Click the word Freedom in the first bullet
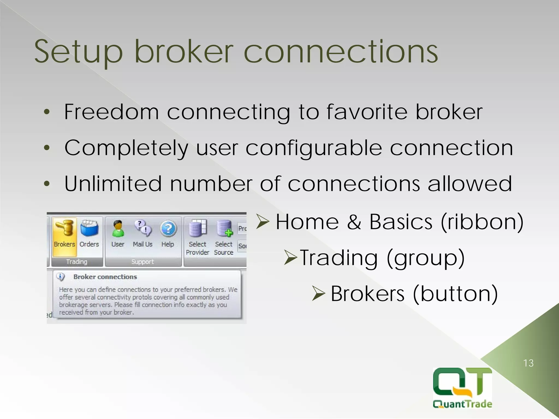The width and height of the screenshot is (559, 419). point(111,112)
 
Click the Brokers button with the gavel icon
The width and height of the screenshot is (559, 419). point(64,235)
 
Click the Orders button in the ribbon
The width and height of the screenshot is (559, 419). point(89,235)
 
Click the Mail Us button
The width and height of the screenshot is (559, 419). point(142,235)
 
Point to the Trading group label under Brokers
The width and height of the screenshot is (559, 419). point(77,262)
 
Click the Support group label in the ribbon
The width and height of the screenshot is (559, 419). point(142,262)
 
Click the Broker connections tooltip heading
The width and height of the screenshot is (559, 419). point(105,277)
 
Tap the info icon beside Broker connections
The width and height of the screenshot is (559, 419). point(60,277)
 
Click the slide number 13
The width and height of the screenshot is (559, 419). point(528,363)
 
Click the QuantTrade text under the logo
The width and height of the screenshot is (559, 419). point(462,404)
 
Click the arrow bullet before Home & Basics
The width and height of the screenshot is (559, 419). point(263,221)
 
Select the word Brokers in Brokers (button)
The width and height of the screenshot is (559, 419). point(367,294)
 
